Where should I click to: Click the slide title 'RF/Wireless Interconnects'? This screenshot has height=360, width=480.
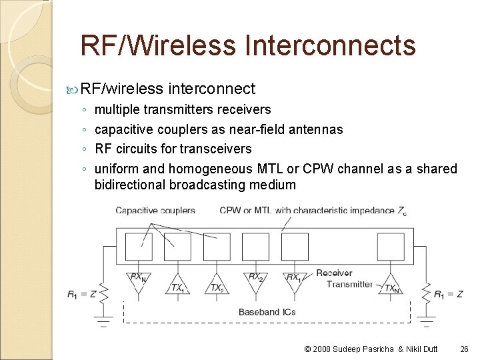click(x=247, y=45)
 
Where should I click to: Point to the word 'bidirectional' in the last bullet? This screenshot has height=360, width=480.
click(x=130, y=185)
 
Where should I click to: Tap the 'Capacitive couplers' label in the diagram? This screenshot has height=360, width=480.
click(x=155, y=211)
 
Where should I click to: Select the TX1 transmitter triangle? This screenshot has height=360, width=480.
click(x=177, y=283)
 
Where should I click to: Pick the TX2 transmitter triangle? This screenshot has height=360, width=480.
click(x=217, y=283)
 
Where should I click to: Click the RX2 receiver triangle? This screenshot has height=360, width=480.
click(x=255, y=281)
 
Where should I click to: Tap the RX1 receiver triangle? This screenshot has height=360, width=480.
click(x=294, y=281)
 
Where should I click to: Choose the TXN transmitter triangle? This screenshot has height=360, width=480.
click(x=390, y=283)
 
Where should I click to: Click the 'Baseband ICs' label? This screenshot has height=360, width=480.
click(x=267, y=311)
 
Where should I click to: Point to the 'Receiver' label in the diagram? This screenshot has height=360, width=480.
click(x=334, y=273)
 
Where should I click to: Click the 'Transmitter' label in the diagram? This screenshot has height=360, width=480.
click(x=349, y=284)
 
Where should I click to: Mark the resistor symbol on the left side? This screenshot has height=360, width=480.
click(x=103, y=293)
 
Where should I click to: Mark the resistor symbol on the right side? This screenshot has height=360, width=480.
click(x=425, y=293)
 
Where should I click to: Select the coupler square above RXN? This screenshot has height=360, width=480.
click(x=139, y=247)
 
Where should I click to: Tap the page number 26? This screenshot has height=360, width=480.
click(x=465, y=349)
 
